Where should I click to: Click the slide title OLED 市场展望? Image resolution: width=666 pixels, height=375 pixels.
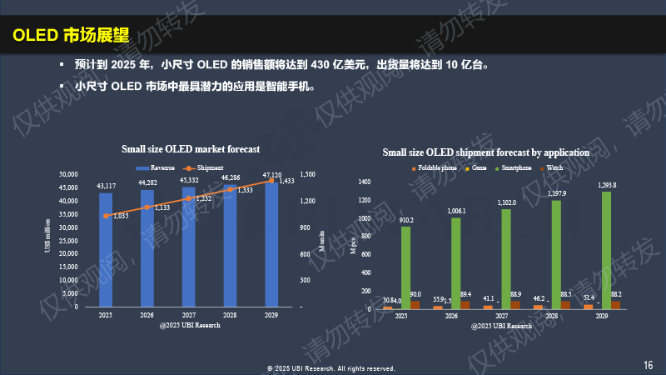coord(71,35)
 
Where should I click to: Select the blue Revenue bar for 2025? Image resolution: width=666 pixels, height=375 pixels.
coord(106,250)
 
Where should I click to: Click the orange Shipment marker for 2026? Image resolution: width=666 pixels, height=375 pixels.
coord(147,207)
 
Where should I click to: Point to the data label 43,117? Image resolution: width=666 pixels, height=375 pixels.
coord(106,186)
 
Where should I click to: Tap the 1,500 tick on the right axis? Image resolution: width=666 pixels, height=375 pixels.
coord(307,173)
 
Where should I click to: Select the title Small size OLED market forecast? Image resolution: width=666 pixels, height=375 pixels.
coord(191,149)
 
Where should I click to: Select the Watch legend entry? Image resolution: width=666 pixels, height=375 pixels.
coord(553,168)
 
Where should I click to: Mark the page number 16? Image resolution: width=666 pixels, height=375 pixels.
coord(649,364)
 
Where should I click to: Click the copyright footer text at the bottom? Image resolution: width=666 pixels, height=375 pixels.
coord(331,367)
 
